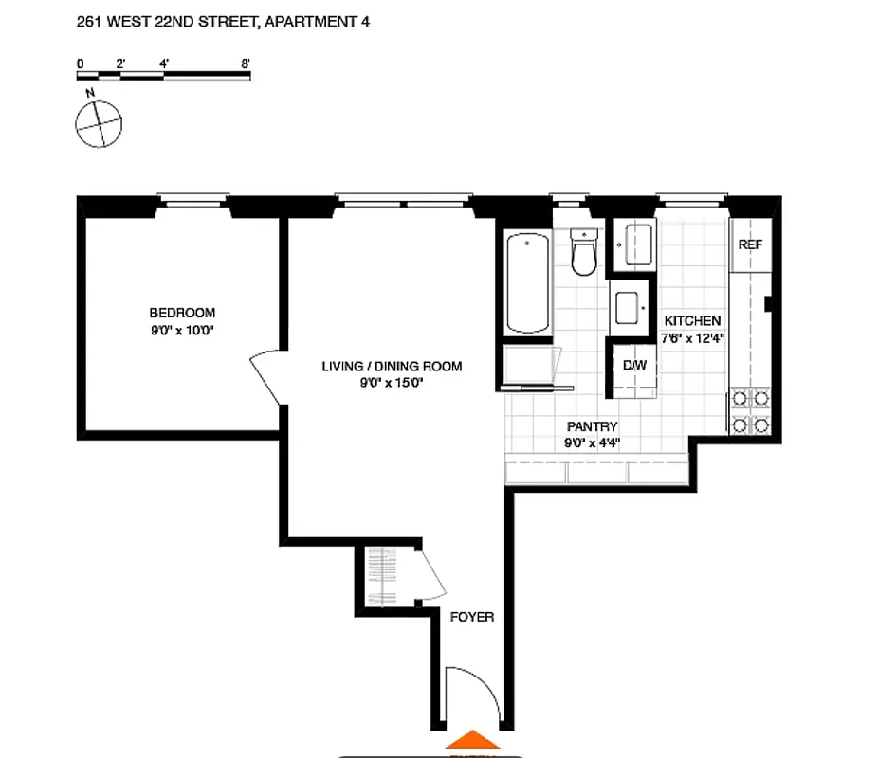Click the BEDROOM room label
click(x=182, y=313)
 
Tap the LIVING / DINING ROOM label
click(x=392, y=367)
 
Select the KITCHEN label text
click(x=691, y=321)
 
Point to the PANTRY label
click(x=593, y=427)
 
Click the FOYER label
click(x=472, y=617)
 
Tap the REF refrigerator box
click(x=750, y=244)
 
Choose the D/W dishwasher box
click(x=633, y=365)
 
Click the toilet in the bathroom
click(x=583, y=254)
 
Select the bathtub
click(x=527, y=281)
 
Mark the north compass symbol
click(x=99, y=123)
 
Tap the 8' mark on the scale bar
click(x=246, y=63)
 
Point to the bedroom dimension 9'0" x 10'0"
click(x=182, y=330)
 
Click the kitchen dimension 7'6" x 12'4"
click(x=691, y=338)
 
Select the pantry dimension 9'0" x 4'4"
click(x=593, y=443)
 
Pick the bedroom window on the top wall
click(x=193, y=200)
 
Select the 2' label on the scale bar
click(x=120, y=63)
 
